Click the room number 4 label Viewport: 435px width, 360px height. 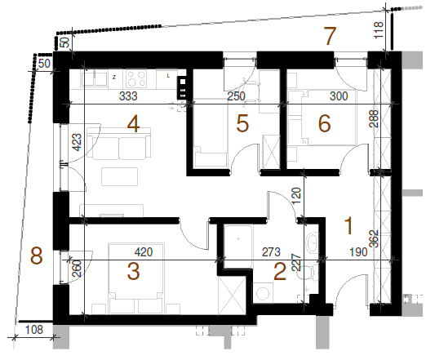133,124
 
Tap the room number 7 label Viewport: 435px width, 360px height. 330,36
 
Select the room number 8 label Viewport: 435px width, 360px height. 37,256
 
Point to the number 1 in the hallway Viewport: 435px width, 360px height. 348,226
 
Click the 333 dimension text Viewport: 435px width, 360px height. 128,96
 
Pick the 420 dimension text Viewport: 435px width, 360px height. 144,252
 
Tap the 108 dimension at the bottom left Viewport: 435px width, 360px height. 34,330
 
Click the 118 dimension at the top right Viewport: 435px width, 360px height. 379,30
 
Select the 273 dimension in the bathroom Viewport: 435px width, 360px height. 271,252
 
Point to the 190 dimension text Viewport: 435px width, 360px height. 358,252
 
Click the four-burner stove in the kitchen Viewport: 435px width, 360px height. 136,78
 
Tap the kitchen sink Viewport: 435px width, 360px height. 95,78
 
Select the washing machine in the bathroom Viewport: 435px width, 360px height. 263,293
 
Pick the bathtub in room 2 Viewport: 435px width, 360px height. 238,247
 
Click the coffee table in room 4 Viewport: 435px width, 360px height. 120,176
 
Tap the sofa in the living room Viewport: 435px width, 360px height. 119,144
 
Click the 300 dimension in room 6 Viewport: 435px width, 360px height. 339,96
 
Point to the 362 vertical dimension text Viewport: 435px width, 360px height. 375,238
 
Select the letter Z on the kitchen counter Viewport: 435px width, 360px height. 114,78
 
